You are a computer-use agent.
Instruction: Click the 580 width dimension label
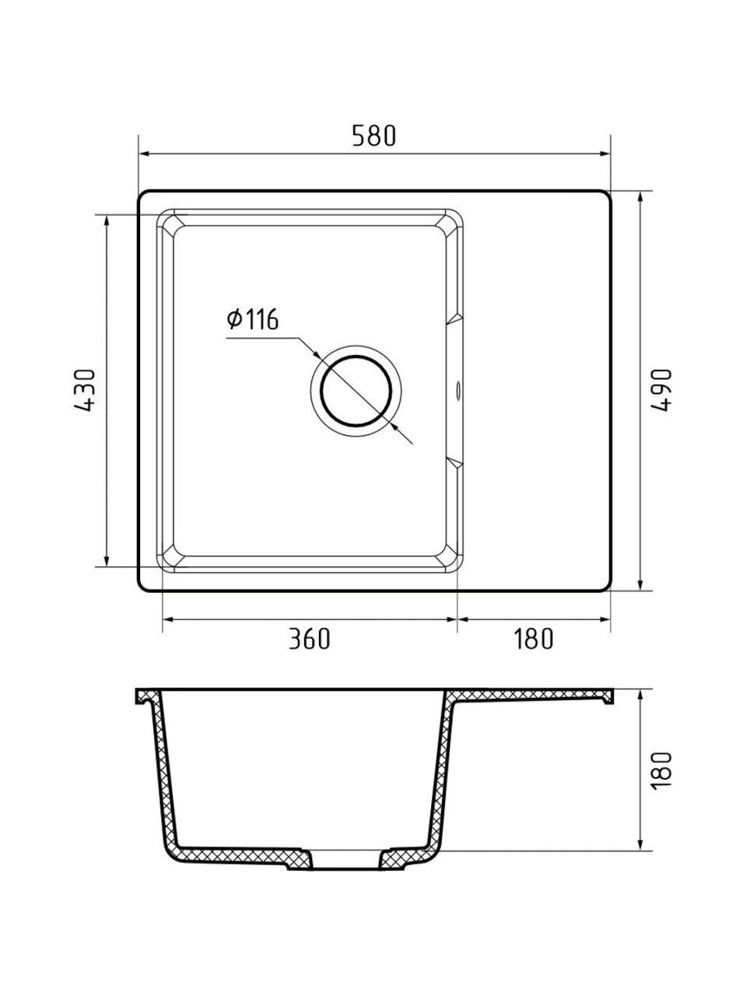(374, 135)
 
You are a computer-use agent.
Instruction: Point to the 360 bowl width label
(310, 638)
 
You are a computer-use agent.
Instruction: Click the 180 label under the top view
(533, 638)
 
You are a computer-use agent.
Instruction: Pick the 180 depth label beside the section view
(661, 771)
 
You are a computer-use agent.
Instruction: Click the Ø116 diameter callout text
(253, 319)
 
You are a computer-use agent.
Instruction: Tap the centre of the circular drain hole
(356, 391)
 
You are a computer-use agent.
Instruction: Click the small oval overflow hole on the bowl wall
(458, 391)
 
